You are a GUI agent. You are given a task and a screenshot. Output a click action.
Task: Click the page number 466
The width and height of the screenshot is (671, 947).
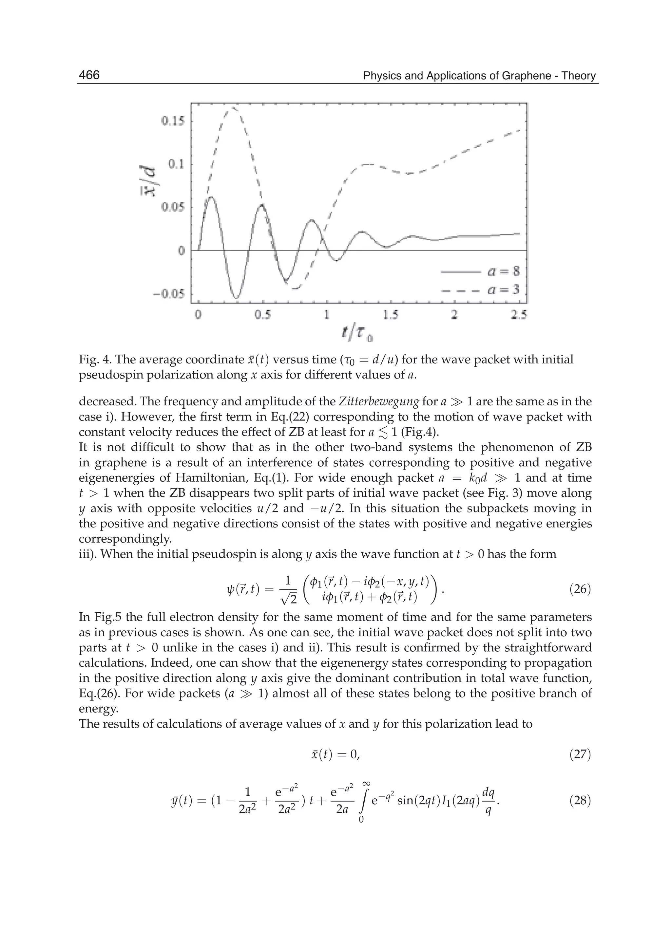[x=89, y=75]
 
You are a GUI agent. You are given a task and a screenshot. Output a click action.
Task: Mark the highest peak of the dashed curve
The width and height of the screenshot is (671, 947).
[x=234, y=108]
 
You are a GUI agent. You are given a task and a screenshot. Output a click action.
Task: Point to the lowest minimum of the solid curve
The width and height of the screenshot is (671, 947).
[x=236, y=298]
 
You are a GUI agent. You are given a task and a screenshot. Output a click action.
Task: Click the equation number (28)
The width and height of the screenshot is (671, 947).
[x=580, y=800]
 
